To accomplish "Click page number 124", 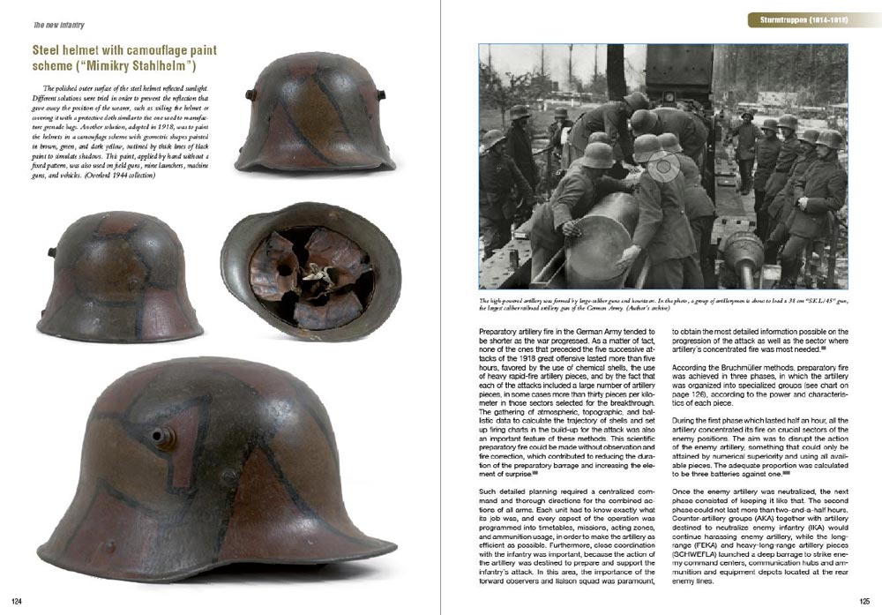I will click(15, 601).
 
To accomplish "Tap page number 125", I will click(863, 601).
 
